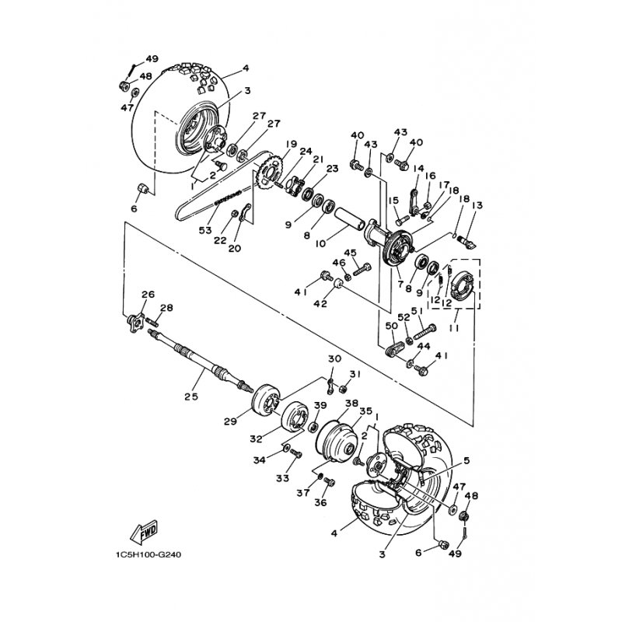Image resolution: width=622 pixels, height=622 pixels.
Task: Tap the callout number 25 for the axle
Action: [191, 396]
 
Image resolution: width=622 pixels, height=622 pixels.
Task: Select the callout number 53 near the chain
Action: [206, 230]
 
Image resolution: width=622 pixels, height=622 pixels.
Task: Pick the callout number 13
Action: [477, 205]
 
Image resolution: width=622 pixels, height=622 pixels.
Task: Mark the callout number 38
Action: [351, 404]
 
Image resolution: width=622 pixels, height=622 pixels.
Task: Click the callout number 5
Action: [466, 460]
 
